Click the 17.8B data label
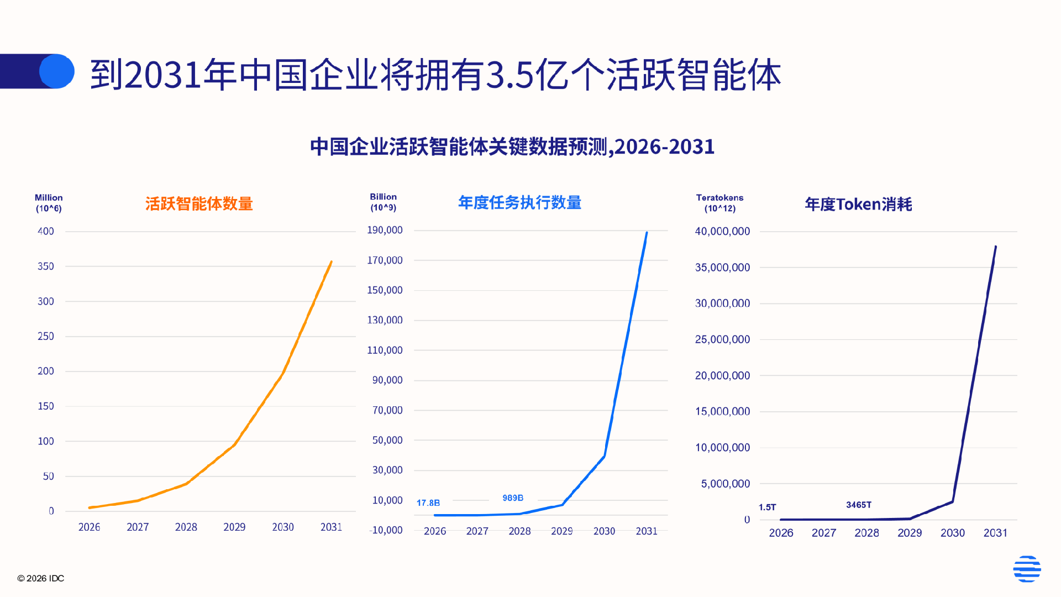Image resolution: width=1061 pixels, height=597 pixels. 428,502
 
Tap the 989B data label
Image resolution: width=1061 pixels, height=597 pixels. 513,498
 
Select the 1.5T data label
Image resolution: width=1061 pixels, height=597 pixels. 767,507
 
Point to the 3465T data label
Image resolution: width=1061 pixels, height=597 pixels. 858,505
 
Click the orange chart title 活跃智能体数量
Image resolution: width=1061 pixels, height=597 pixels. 199,203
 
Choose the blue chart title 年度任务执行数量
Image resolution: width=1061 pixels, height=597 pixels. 519,202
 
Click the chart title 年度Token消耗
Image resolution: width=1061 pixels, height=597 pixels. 858,204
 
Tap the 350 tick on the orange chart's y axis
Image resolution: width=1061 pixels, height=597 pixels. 46,266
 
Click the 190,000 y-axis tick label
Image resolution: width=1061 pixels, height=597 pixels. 385,230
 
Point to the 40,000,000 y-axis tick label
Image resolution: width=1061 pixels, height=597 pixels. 722,231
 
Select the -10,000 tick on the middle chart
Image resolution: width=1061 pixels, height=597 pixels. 386,530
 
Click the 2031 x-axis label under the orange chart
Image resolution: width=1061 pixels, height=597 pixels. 331,527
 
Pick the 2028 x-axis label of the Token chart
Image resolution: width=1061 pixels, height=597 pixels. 866,532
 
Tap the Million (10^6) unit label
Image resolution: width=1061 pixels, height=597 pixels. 49,203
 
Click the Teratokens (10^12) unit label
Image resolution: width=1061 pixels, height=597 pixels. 719,203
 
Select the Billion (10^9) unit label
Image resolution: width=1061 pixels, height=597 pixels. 383,202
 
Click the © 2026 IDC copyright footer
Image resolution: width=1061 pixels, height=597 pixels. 41,578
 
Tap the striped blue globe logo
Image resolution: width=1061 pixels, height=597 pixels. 1027,568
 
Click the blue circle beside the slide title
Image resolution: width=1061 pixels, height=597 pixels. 57,71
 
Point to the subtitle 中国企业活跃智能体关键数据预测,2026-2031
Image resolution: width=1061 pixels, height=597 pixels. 512,146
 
